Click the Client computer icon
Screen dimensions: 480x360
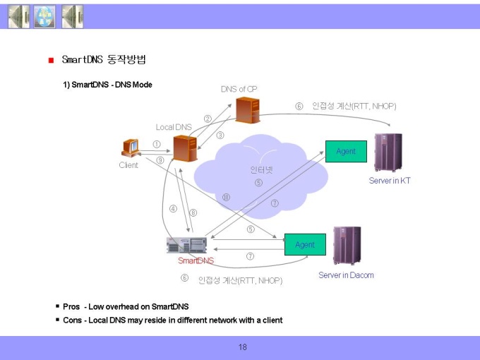[131, 148]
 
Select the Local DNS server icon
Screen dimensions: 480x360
[185, 148]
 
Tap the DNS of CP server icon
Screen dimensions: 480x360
[248, 110]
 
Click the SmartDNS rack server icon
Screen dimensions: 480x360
[187, 245]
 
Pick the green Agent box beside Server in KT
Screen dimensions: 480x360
[346, 151]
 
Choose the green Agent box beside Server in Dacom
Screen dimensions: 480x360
[305, 244]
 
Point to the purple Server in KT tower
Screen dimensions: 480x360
[388, 152]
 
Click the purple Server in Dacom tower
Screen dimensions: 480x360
[347, 246]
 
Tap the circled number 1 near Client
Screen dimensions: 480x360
[157, 144]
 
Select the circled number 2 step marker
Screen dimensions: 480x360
[208, 119]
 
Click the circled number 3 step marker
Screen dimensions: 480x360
[220, 135]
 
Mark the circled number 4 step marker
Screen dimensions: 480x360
[173, 209]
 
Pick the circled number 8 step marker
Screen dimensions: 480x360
[193, 212]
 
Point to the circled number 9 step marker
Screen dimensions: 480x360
[160, 160]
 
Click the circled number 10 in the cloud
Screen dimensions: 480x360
[226, 197]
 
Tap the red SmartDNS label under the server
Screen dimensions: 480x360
[196, 260]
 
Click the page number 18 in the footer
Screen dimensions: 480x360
[242, 347]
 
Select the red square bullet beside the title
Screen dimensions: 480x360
[51, 60]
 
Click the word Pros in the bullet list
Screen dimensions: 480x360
[71, 306]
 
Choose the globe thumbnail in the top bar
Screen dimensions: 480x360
[44, 16]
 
